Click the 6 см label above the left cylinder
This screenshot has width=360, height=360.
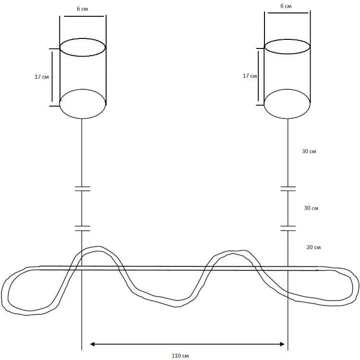point(83,9)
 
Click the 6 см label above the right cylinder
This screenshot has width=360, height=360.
point(286,6)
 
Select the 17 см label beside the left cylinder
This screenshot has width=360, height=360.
point(42,77)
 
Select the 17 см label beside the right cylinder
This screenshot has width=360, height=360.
point(250,76)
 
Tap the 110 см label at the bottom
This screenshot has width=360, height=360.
point(180,356)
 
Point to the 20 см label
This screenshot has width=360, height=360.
point(313,247)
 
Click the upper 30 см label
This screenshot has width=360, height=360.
point(309,151)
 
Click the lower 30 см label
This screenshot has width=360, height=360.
point(311,208)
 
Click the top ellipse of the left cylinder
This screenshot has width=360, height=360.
point(83,38)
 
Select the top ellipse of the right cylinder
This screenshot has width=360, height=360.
point(287,39)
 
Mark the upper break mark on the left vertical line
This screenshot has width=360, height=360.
point(83,189)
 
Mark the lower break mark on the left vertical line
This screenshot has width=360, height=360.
point(83,228)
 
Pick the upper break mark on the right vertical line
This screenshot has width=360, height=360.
point(288,189)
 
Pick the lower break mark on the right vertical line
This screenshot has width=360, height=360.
point(288,228)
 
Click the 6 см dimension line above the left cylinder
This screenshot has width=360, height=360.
point(84,16)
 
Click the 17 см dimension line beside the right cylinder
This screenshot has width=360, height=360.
point(258,76)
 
